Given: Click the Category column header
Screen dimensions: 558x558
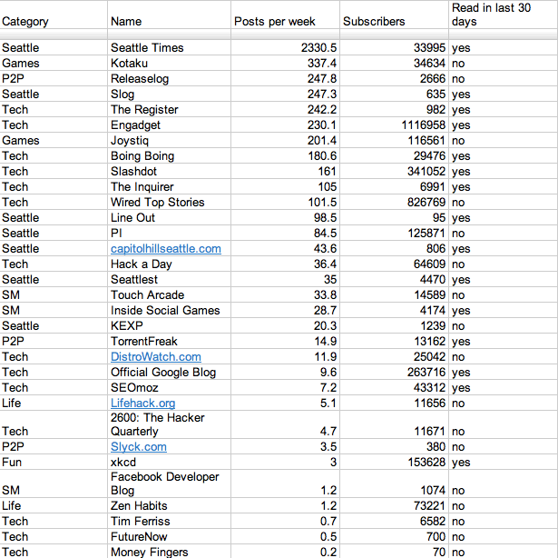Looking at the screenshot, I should coord(25,22).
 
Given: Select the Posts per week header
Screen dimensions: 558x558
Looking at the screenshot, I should coord(275,22).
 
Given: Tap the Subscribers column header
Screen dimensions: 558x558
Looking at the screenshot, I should coord(375,22).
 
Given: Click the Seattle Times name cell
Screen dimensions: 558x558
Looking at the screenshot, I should coord(147,48).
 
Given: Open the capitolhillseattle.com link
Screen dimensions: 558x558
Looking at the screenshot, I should coord(165,249).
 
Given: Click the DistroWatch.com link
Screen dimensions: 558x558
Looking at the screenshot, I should coord(155,357).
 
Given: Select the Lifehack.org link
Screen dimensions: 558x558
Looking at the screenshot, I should coord(142,404).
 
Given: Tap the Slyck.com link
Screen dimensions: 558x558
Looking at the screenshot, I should coord(138,447).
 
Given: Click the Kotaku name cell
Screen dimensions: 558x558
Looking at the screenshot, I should coord(129,64).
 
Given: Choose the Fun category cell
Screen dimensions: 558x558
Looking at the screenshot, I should coord(12,463).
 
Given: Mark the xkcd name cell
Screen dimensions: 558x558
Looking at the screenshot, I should coord(123,463).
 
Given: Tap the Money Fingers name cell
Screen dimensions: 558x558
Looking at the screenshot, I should coord(150,552).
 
